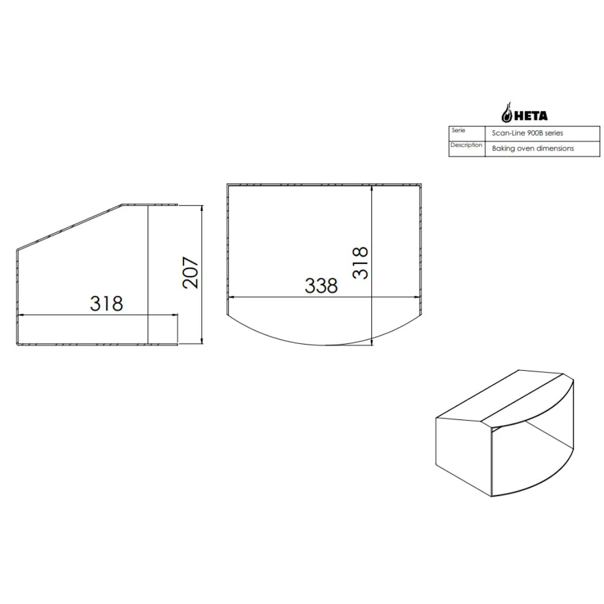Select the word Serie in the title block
point(458,130)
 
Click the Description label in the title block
point(466,145)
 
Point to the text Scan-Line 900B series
point(527,134)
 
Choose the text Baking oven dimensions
point(532,148)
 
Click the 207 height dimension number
point(191,272)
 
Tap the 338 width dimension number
point(321,286)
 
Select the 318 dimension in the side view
point(106,303)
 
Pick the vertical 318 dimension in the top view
point(361,263)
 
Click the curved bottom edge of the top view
point(324,341)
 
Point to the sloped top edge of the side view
point(70,226)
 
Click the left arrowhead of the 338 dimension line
point(232,297)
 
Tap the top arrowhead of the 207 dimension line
point(201,207)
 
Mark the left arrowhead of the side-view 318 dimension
point(21,315)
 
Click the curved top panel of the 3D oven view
point(528,400)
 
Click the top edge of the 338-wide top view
point(324,184)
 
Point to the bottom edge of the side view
point(98,345)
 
